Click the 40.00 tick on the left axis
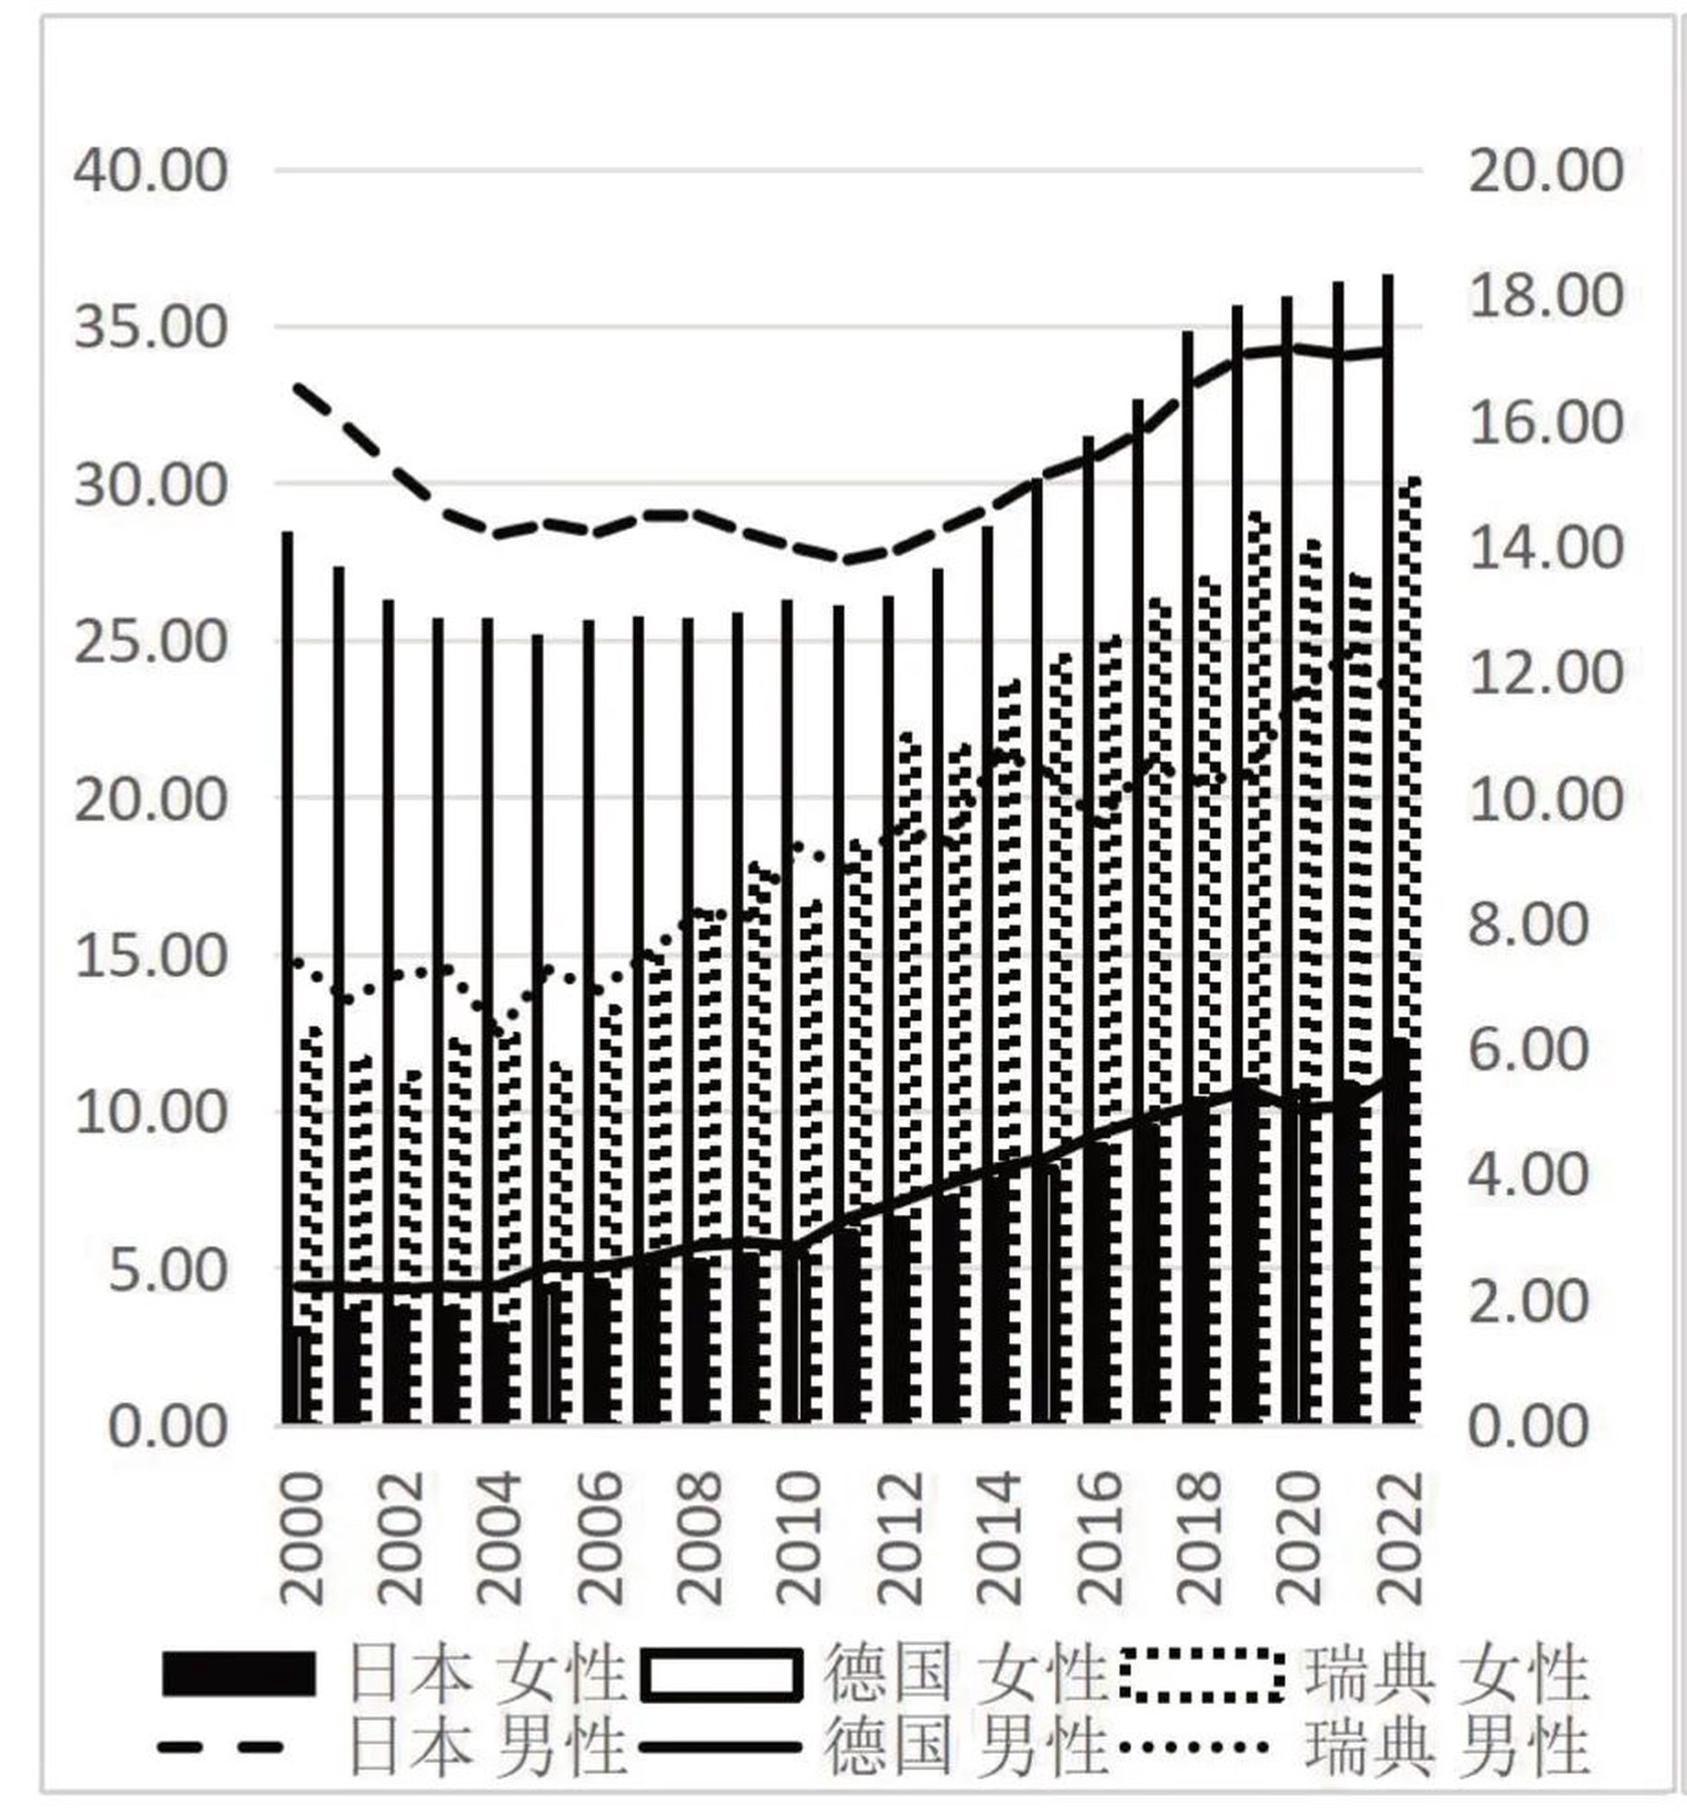[x=150, y=170]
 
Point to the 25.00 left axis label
[x=150, y=641]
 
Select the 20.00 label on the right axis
[x=1546, y=170]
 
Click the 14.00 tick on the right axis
[x=1546, y=547]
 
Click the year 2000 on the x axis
[x=302, y=1538]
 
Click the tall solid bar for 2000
[x=288, y=911]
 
